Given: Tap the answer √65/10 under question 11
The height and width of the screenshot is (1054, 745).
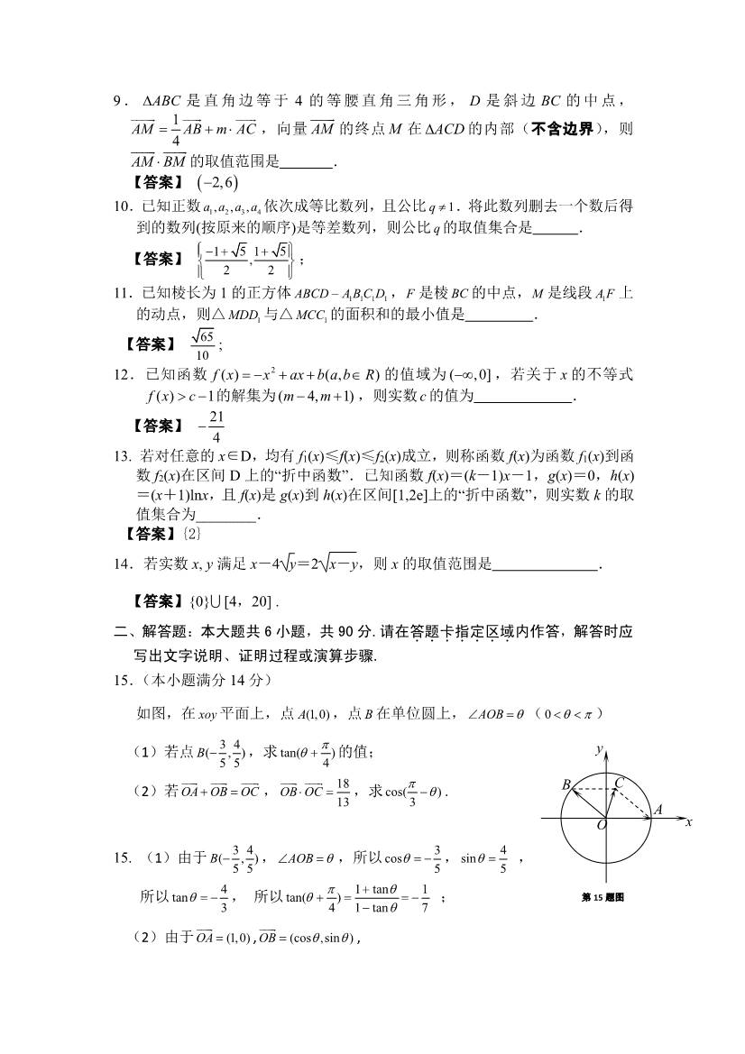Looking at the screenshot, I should tap(204, 343).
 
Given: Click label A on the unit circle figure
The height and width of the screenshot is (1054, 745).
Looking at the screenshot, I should tap(658, 811).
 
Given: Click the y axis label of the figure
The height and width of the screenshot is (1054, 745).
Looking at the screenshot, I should tap(599, 749).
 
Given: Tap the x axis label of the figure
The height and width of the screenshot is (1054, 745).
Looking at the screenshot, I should tap(687, 822).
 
